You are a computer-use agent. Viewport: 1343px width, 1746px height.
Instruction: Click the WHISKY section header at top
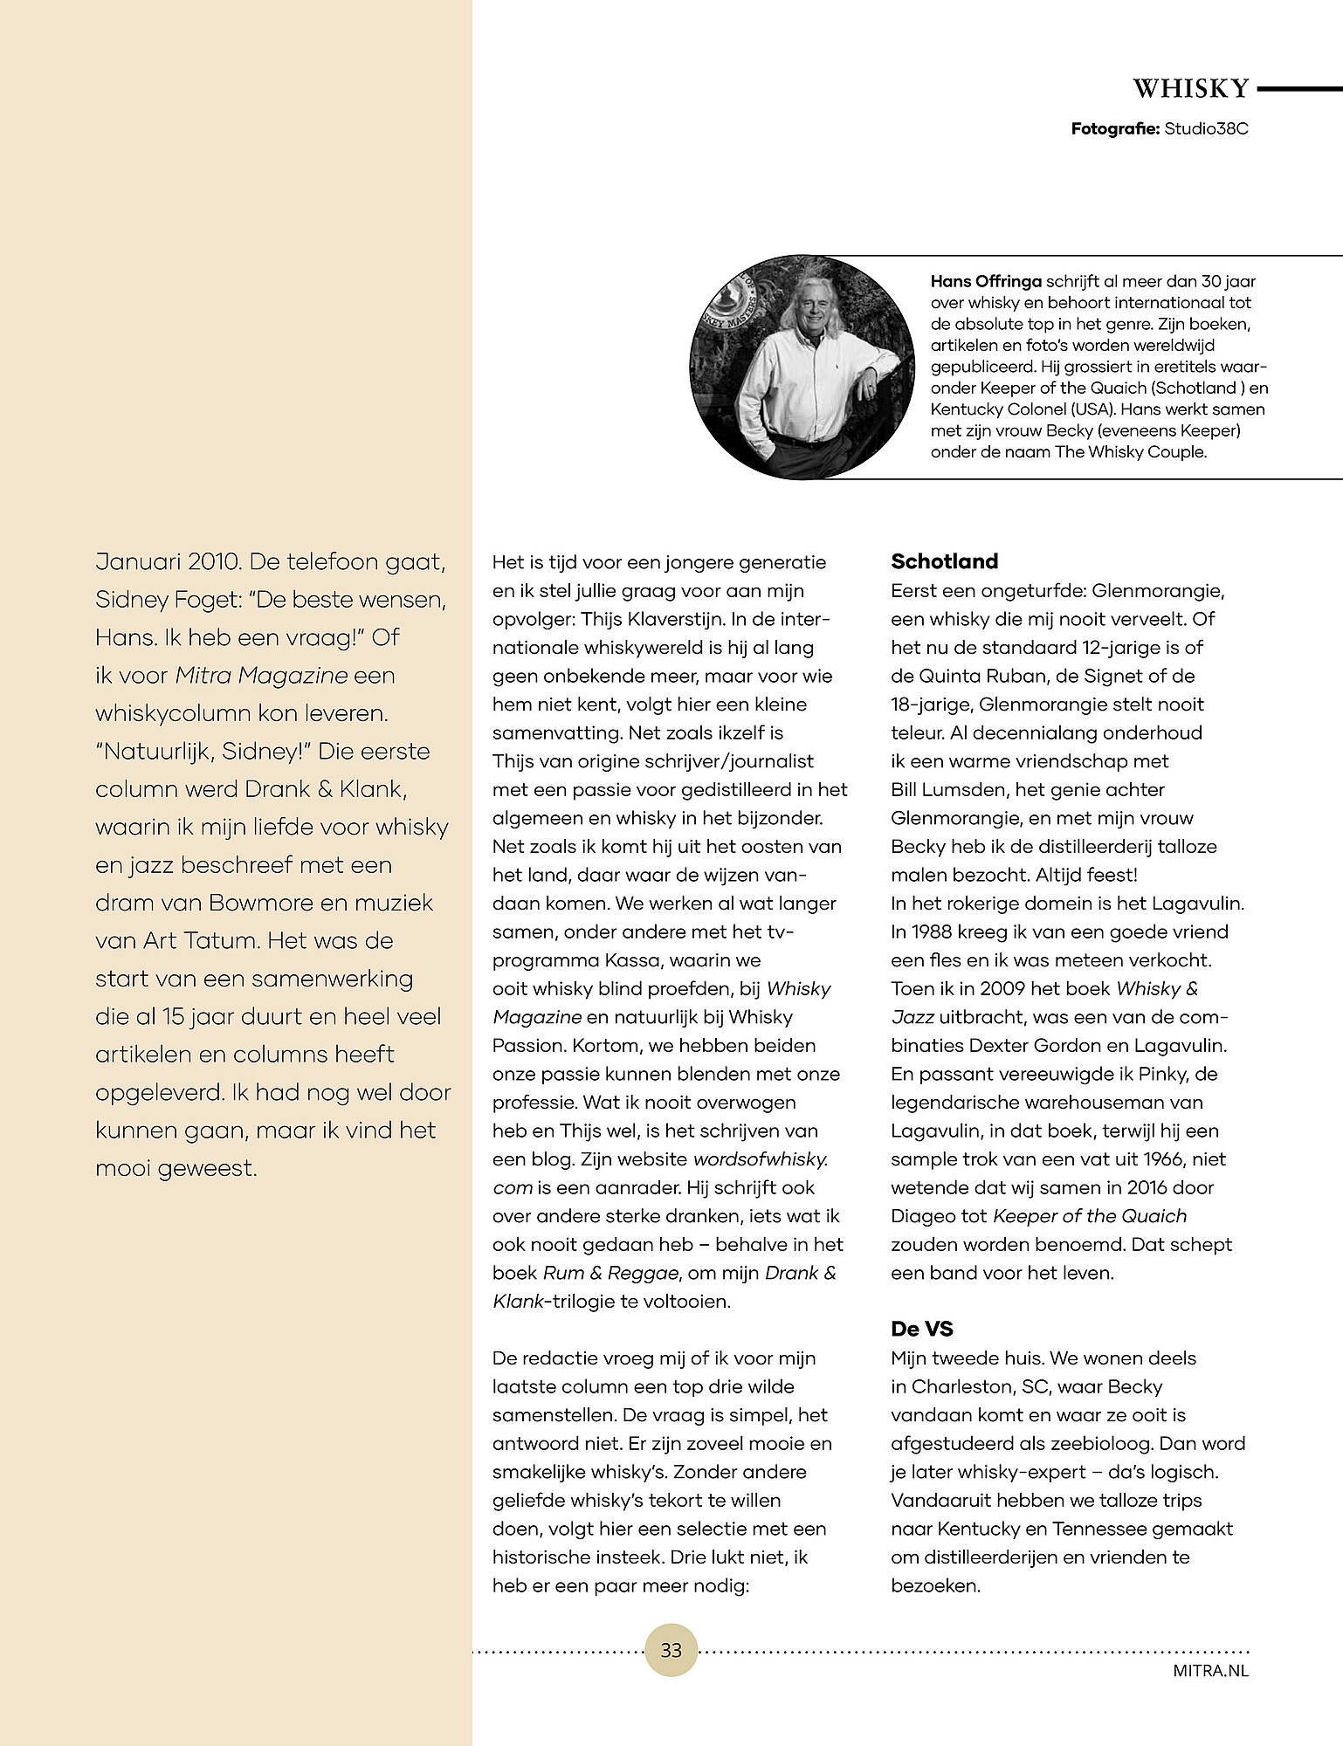(1191, 88)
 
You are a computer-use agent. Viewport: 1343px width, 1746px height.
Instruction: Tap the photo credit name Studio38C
(1206, 129)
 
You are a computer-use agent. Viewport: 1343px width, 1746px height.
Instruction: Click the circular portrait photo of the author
(802, 368)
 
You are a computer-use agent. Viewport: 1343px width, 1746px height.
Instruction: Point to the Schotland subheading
(944, 561)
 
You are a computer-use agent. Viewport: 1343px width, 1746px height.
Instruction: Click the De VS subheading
(922, 1330)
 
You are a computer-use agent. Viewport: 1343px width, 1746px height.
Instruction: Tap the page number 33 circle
(671, 1650)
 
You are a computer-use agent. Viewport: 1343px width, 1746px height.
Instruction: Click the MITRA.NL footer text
(1211, 1671)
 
